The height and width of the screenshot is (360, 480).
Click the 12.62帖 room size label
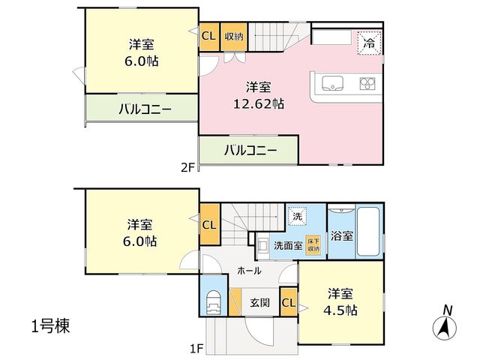pyautogui.click(x=259, y=104)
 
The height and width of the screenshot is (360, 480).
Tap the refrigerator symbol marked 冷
pyautogui.click(x=370, y=43)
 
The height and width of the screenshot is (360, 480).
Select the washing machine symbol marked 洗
pyautogui.click(x=297, y=217)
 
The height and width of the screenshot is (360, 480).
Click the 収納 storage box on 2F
pyautogui.click(x=234, y=37)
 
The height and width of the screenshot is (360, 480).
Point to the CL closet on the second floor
pyautogui.click(x=209, y=37)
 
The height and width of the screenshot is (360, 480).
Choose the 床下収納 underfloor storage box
pyautogui.click(x=313, y=244)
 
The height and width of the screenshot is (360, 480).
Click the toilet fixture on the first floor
pyautogui.click(x=214, y=302)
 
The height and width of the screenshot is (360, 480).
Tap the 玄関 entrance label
pyautogui.click(x=260, y=303)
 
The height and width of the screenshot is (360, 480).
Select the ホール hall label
pyautogui.click(x=249, y=271)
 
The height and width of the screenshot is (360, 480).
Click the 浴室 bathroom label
pyautogui.click(x=342, y=236)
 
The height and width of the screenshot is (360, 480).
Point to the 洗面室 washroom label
pyautogui.click(x=288, y=245)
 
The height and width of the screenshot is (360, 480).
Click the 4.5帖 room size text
pyautogui.click(x=340, y=311)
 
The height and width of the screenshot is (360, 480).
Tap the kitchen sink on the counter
pyautogui.click(x=332, y=83)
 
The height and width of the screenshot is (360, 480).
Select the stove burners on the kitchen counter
pyautogui.click(x=367, y=83)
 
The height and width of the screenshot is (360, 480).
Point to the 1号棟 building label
pyautogui.click(x=51, y=325)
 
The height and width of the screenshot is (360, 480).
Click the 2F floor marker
pyautogui.click(x=187, y=168)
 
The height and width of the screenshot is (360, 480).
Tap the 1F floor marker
pyautogui.click(x=196, y=349)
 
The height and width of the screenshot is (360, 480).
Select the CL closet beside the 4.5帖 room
pyautogui.click(x=289, y=302)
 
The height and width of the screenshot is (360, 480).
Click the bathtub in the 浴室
pyautogui.click(x=368, y=232)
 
